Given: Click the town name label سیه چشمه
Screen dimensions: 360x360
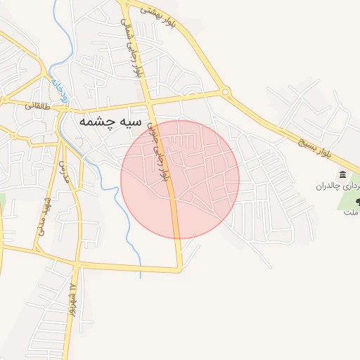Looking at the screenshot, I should [106, 122].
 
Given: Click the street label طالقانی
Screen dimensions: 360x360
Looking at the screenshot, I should [38, 106].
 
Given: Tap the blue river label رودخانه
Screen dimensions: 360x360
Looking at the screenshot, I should [60, 93].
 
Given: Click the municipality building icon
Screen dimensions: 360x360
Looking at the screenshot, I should [342, 174].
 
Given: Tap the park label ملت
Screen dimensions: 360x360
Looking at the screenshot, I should [350, 214].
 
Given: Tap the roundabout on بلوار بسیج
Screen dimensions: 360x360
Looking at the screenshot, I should [225, 91].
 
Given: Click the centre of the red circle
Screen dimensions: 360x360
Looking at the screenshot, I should [180, 179].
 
